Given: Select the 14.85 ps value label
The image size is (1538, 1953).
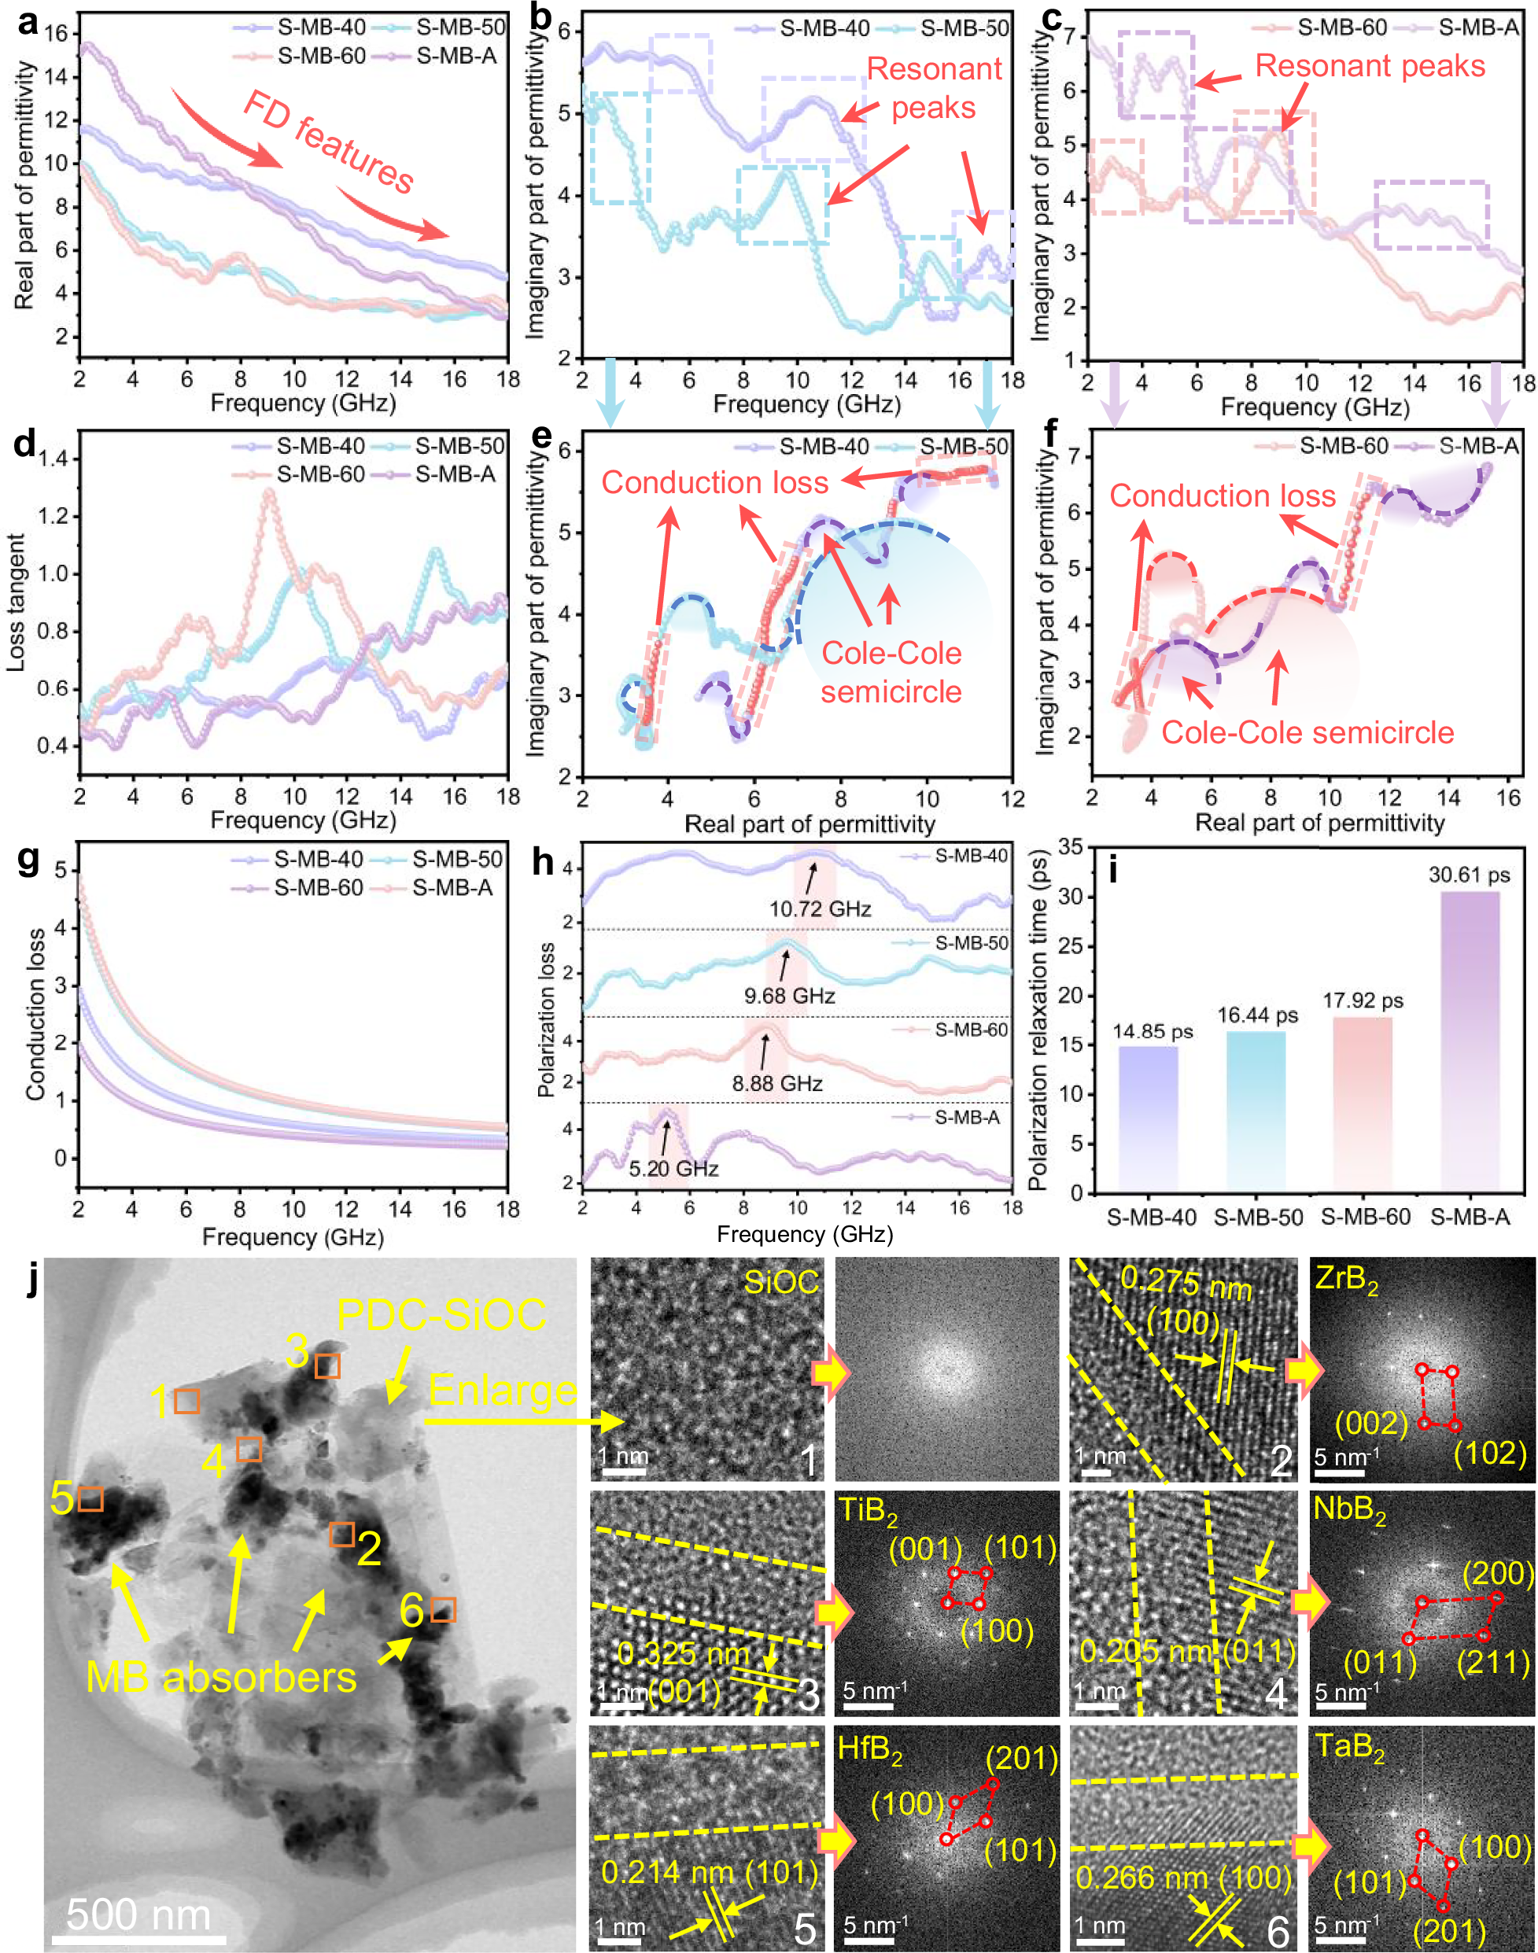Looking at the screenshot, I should pos(1152,1031).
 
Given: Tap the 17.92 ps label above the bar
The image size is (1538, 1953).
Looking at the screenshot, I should pos(1363,1000).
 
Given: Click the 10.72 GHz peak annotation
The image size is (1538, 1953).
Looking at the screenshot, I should pos(820,908).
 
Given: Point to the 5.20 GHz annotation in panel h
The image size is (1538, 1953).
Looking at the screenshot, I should pos(673,1169).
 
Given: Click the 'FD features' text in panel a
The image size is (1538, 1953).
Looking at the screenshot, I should pos(329,142).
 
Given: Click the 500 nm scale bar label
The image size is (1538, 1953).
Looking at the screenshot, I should pos(138,1914).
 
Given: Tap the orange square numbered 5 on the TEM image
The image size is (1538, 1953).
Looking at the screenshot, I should pos(90,1499).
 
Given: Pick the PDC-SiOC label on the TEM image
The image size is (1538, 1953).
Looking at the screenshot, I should pos(441,1314).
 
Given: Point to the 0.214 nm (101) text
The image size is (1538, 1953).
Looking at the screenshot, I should pos(709,1872).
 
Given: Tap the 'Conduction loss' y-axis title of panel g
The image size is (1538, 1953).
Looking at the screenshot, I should pos(35,1014).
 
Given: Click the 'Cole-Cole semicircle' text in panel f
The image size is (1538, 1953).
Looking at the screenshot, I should pos(1307,732).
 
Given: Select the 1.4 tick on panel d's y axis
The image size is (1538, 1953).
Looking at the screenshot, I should pos(52,459).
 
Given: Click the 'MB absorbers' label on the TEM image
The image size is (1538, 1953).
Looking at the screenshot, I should pos(220,1677).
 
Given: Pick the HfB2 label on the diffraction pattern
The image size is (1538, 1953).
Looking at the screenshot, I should pos(869,1748).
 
